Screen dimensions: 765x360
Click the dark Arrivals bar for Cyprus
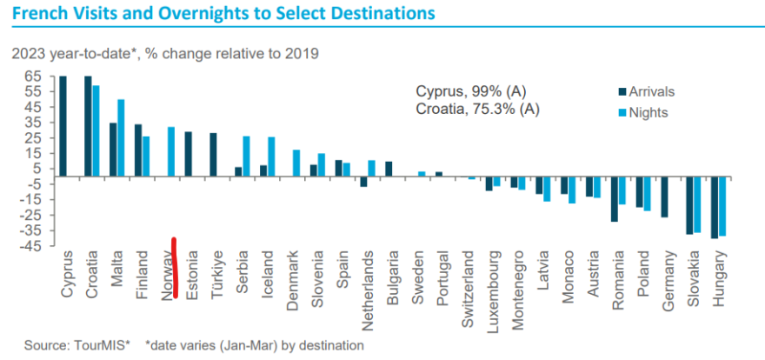pos(63,126)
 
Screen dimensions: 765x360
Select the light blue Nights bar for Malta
pos(121,137)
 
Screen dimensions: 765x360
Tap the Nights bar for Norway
pos(171,151)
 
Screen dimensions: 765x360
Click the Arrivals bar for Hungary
pos(715,207)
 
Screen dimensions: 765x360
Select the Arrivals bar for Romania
pos(615,199)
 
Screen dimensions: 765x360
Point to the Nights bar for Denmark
pos(296,163)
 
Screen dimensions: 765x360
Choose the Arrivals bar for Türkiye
pos(213,155)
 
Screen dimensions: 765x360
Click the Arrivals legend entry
pos(646,91)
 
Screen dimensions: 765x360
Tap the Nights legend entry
pos(643,113)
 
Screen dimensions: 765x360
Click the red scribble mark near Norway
pos(175,267)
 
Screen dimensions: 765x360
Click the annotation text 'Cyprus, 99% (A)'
pos(471,91)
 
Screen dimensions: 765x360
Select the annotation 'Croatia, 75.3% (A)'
pos(477,110)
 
